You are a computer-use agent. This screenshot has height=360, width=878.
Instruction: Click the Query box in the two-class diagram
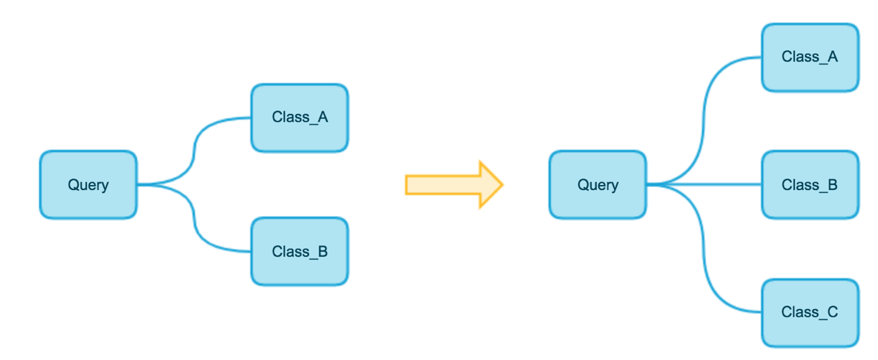(x=88, y=184)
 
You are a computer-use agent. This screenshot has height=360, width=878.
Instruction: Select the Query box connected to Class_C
(x=598, y=184)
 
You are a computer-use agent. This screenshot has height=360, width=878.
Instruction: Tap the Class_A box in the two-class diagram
(x=300, y=118)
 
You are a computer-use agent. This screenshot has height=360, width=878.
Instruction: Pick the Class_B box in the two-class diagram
(x=300, y=252)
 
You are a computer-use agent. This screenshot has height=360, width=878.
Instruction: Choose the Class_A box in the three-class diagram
(x=810, y=57)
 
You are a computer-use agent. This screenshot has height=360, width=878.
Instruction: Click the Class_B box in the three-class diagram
(x=810, y=184)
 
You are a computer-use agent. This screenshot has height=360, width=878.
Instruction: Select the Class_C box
(x=810, y=313)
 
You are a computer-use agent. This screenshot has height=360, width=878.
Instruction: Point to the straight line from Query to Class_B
(x=704, y=184)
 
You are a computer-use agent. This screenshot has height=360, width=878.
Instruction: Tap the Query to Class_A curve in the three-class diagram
(x=704, y=121)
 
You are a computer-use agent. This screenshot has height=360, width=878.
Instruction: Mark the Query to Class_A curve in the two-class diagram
(x=194, y=151)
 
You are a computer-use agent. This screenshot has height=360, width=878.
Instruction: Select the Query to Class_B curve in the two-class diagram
(x=194, y=218)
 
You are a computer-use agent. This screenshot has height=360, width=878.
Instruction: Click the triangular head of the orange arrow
(x=491, y=184)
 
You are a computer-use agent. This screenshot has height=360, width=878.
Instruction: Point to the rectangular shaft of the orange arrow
(x=443, y=185)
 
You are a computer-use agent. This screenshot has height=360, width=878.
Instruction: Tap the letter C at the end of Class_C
(x=832, y=312)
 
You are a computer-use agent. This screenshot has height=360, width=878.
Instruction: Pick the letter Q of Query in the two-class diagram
(x=74, y=184)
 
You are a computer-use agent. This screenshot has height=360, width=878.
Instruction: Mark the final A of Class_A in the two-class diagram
(x=323, y=117)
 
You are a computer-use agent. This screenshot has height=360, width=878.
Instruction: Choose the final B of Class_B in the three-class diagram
(x=833, y=184)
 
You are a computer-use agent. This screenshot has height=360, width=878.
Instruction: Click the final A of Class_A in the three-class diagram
(x=833, y=57)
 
